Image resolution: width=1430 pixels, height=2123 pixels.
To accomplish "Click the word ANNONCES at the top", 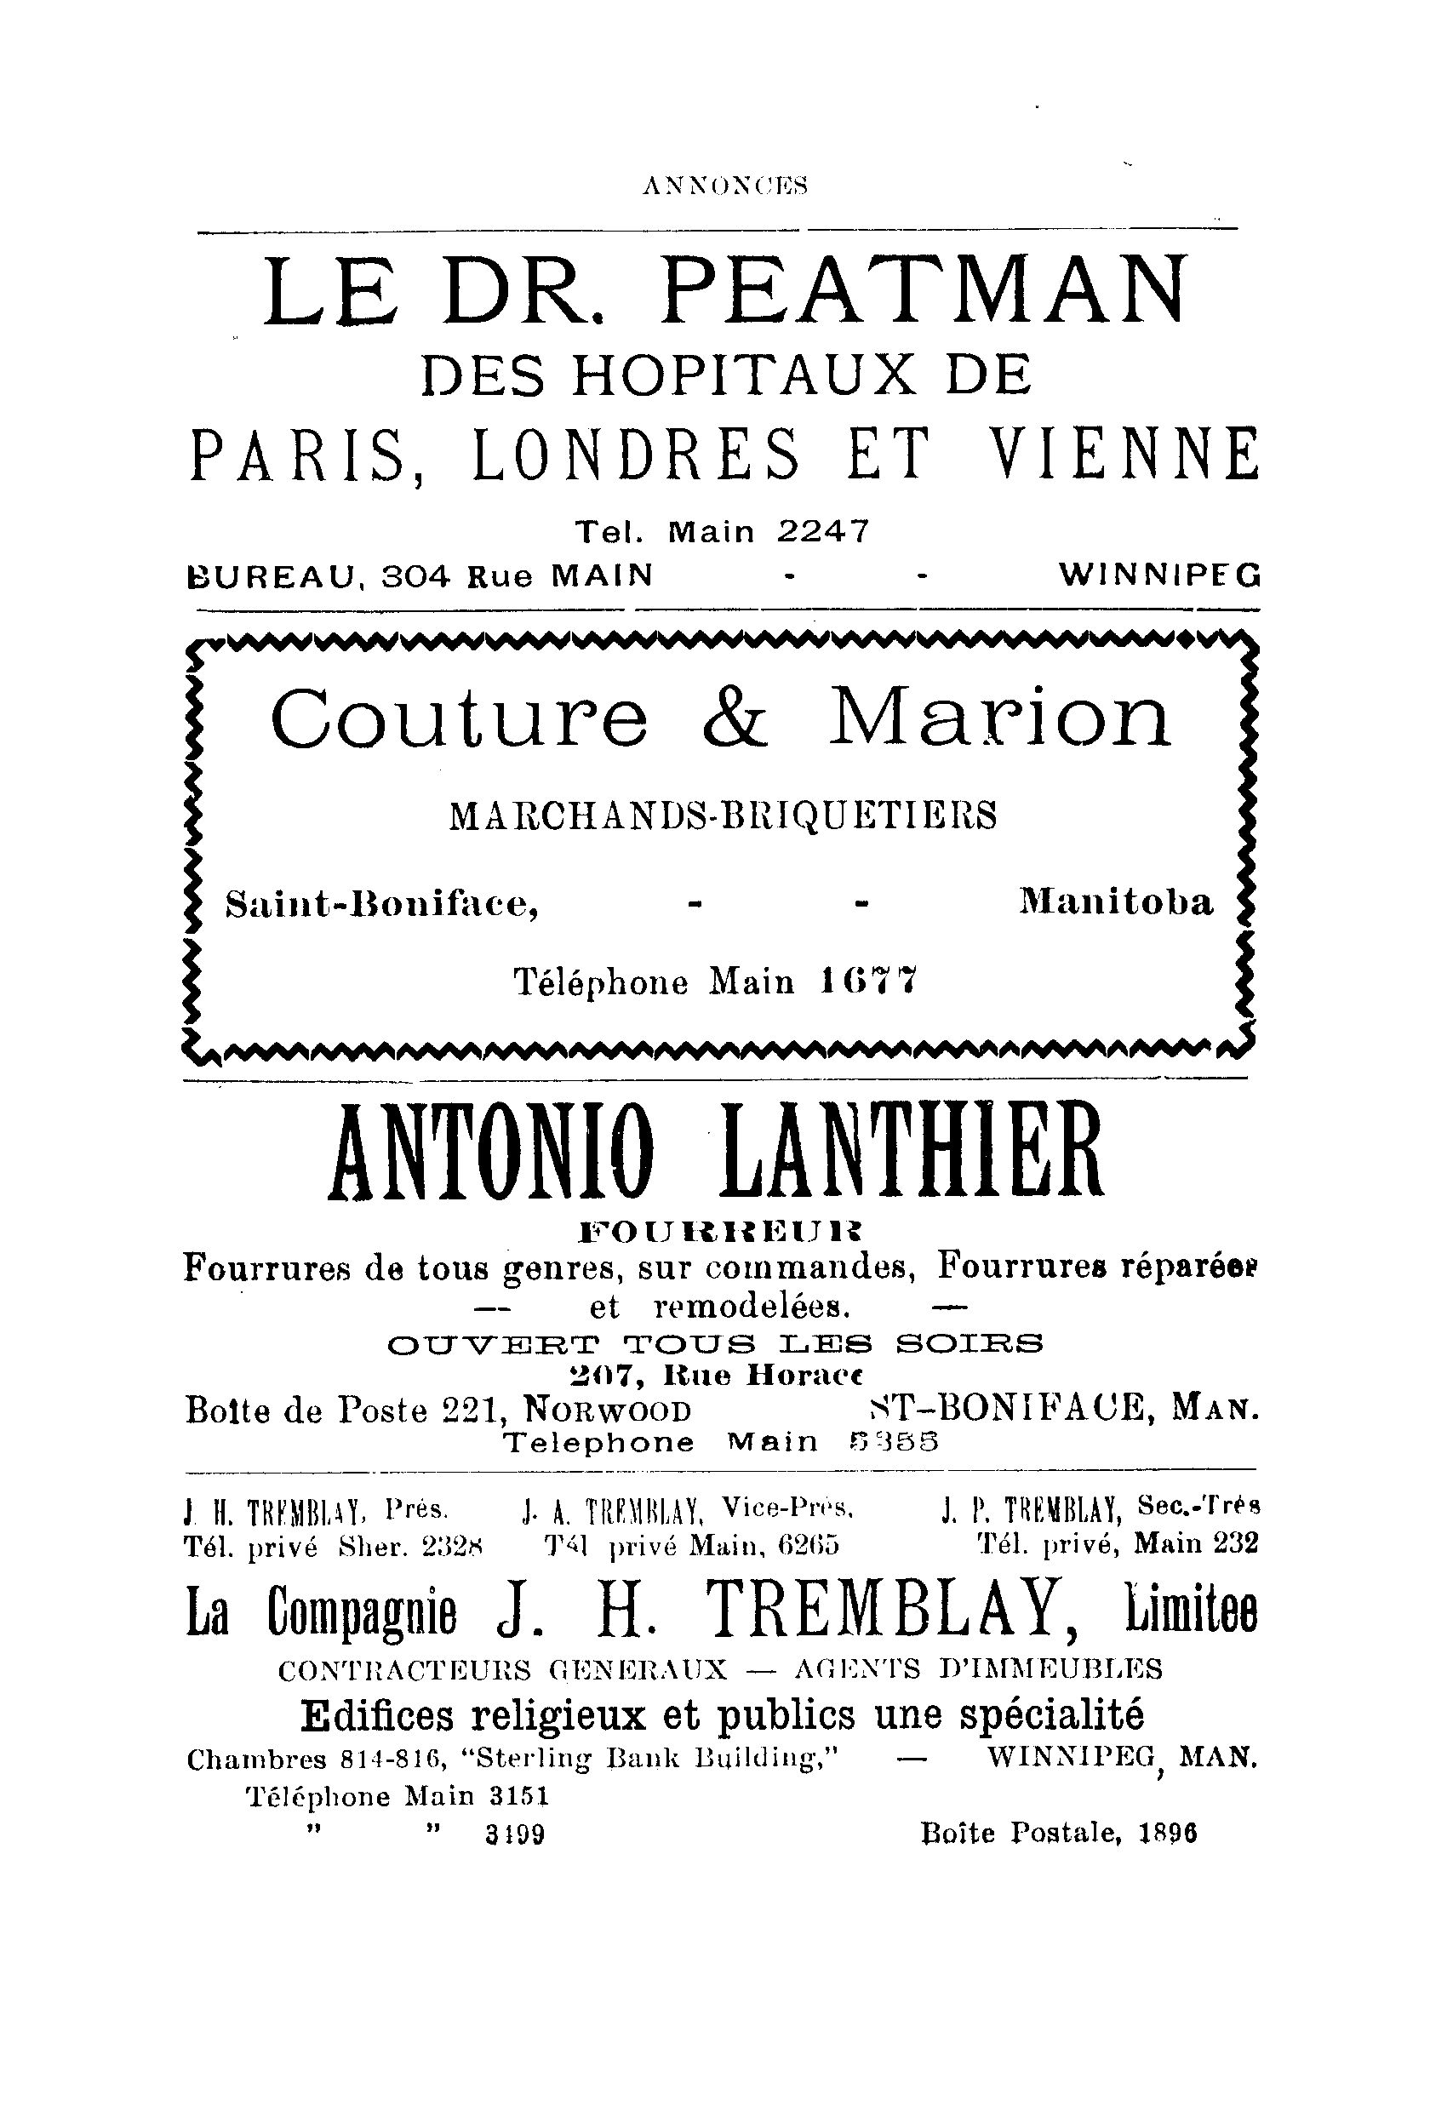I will coord(725,186).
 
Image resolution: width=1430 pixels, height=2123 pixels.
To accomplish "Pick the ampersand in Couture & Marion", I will coord(736,717).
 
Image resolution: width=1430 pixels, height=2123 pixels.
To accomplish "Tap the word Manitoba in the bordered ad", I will coord(1116,903).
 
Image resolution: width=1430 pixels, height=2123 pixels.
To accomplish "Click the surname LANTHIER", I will coord(910,1152).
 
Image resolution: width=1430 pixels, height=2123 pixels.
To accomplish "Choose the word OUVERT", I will coord(495,1344).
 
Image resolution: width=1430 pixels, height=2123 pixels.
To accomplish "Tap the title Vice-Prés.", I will coord(786,1508).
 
